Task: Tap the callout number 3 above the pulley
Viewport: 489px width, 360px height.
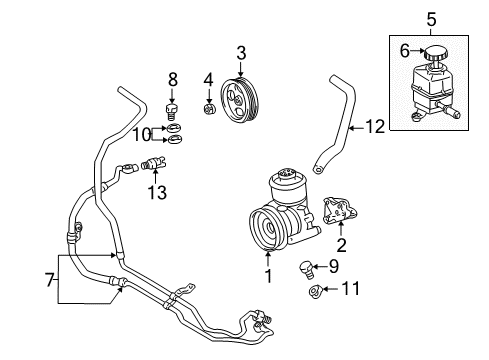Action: coord(240,52)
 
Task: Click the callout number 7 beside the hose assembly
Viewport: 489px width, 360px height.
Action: coord(431,17)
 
